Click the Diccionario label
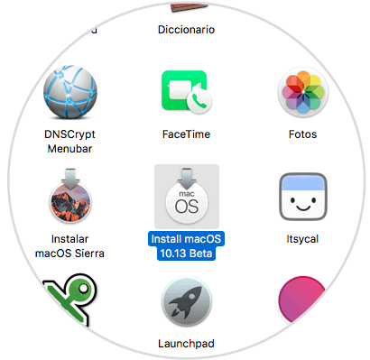click(186, 29)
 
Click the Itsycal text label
click(302, 238)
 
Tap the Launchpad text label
click(186, 343)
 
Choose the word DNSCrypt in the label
click(70, 134)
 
